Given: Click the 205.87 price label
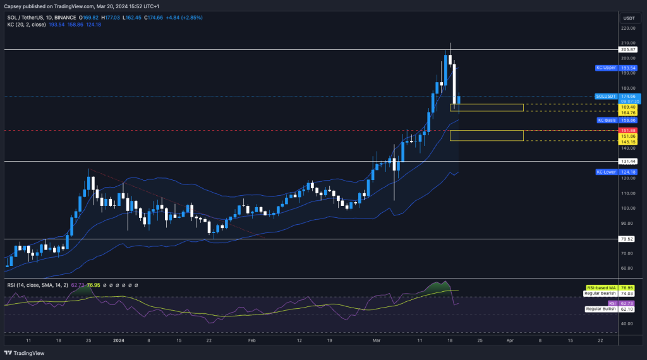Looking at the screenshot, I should (629, 49).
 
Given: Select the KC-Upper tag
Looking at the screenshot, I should (607, 68).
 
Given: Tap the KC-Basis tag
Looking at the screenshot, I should (607, 120).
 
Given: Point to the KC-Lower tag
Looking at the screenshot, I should (607, 172).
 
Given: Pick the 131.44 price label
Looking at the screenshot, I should (629, 161).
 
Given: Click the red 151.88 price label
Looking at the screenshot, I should (629, 131).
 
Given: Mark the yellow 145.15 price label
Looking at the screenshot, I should (629, 141).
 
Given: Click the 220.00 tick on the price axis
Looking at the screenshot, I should (628, 28).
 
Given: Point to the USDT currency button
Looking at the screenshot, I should (629, 18).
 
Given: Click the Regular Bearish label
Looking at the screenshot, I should (601, 294).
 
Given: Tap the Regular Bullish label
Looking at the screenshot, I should (602, 309).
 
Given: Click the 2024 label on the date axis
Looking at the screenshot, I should (119, 339).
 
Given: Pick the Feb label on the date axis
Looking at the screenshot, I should (251, 339).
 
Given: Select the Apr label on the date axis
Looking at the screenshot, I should (510, 339).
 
